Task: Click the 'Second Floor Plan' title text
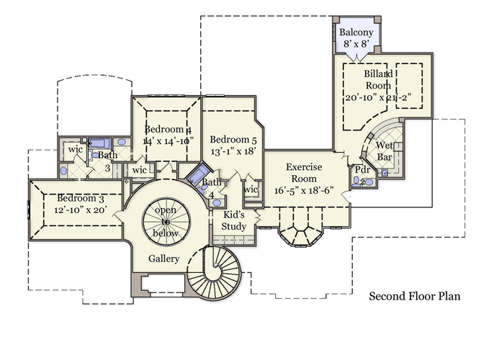pos(414,296)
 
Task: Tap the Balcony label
pos(356,33)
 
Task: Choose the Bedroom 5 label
pos(233,139)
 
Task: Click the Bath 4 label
pos(211,188)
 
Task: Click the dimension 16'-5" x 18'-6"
pos(303,191)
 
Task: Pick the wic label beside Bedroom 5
pos(251,189)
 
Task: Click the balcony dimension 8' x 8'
pos(356,45)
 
